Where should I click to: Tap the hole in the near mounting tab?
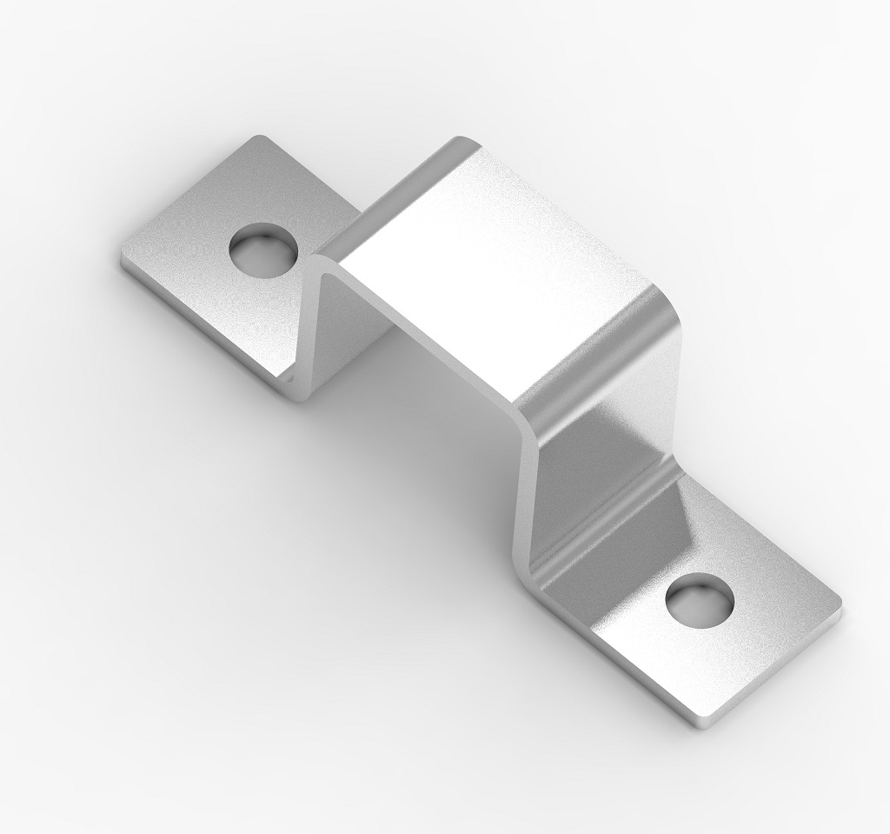point(701,602)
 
